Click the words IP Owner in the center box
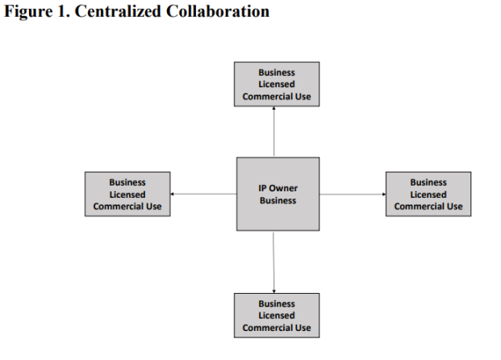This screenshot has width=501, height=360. click(278, 188)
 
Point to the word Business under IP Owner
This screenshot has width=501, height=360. click(278, 200)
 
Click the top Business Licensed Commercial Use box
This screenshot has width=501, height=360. click(277, 84)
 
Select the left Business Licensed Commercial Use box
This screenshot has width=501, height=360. click(127, 194)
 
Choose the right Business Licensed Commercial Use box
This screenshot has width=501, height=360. click(428, 194)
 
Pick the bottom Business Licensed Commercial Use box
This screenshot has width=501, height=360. click(277, 316)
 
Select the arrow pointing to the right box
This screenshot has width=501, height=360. click(352, 194)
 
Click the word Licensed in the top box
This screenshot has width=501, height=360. click(277, 84)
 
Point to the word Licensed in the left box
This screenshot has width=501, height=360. click(127, 195)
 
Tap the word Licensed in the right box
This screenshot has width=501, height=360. click(428, 195)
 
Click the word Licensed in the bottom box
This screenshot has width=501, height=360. click(277, 316)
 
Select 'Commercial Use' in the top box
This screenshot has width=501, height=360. click(277, 97)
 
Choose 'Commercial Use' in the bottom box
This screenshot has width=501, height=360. click(277, 329)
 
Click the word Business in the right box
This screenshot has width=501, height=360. click(428, 182)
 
